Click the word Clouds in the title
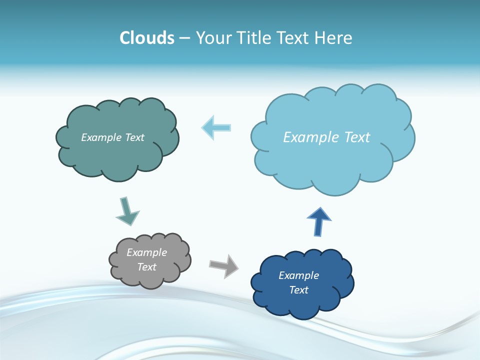[147, 38]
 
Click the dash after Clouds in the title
[184, 38]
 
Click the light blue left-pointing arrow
[216, 127]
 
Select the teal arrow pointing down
[127, 211]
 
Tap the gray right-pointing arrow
[224, 265]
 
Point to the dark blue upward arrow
[318, 221]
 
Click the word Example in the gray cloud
[146, 252]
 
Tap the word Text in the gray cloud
[146, 267]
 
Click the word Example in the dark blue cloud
[298, 275]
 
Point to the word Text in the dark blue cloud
[298, 290]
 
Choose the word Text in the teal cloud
[134, 137]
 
